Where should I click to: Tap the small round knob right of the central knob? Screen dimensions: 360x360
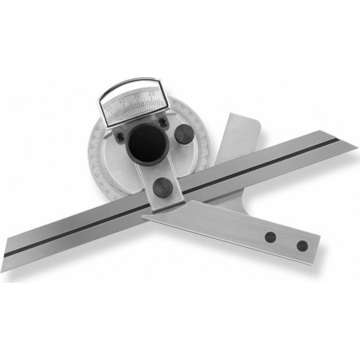(x=184, y=135)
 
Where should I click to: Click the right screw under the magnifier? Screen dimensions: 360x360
(x=162, y=122)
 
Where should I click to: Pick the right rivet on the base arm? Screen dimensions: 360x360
(x=302, y=245)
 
